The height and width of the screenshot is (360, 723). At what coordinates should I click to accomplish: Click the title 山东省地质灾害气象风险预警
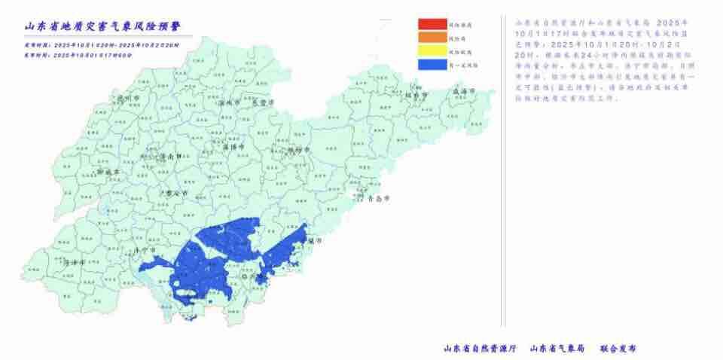pyautogui.click(x=106, y=26)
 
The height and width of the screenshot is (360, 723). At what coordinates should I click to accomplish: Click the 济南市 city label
pyautogui.click(x=169, y=157)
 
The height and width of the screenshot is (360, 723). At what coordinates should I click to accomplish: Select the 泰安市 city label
pyautogui.click(x=175, y=193)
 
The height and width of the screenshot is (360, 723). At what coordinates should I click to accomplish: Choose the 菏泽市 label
pyautogui.click(x=74, y=263)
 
